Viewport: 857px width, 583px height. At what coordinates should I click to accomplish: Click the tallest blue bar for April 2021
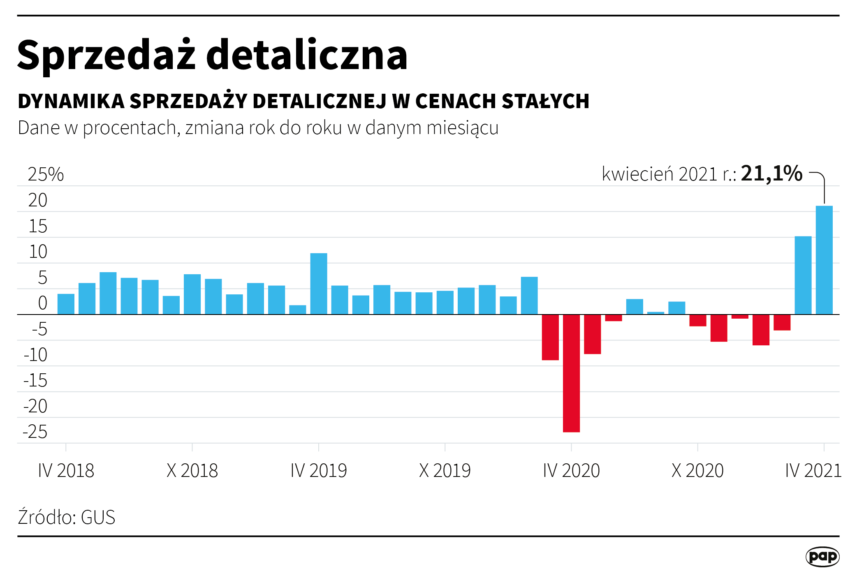pyautogui.click(x=824, y=260)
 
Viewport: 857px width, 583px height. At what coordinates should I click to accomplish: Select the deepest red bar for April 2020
pyautogui.click(x=571, y=373)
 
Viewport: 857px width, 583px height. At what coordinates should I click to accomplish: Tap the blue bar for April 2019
pyautogui.click(x=319, y=284)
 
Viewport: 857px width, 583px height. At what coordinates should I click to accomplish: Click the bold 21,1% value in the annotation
pyautogui.click(x=771, y=174)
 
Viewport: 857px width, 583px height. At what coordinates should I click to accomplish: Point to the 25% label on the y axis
pyautogui.click(x=46, y=174)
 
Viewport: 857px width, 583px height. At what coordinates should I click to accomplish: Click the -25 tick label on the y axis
pyautogui.click(x=35, y=432)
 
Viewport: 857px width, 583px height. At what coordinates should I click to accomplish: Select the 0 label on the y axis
pyautogui.click(x=42, y=303)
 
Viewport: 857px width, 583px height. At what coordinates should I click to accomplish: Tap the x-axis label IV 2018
pyautogui.click(x=66, y=470)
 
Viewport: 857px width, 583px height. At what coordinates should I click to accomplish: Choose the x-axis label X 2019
pyautogui.click(x=445, y=470)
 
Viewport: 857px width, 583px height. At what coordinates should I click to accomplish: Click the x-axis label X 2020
pyautogui.click(x=697, y=470)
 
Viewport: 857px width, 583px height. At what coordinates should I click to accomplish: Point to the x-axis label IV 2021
pyautogui.click(x=813, y=470)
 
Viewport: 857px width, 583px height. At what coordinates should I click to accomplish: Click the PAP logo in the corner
pyautogui.click(x=822, y=557)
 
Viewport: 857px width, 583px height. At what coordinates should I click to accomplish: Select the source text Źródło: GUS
pyautogui.click(x=66, y=517)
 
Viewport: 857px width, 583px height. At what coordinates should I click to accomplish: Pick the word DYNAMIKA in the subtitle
pyautogui.click(x=71, y=101)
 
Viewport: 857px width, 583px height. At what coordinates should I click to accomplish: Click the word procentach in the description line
pyautogui.click(x=130, y=128)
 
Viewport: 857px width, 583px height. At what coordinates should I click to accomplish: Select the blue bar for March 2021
pyautogui.click(x=803, y=275)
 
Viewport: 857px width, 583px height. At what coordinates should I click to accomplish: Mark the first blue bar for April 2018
pyautogui.click(x=66, y=304)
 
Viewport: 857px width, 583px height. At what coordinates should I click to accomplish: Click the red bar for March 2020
pyautogui.click(x=550, y=337)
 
